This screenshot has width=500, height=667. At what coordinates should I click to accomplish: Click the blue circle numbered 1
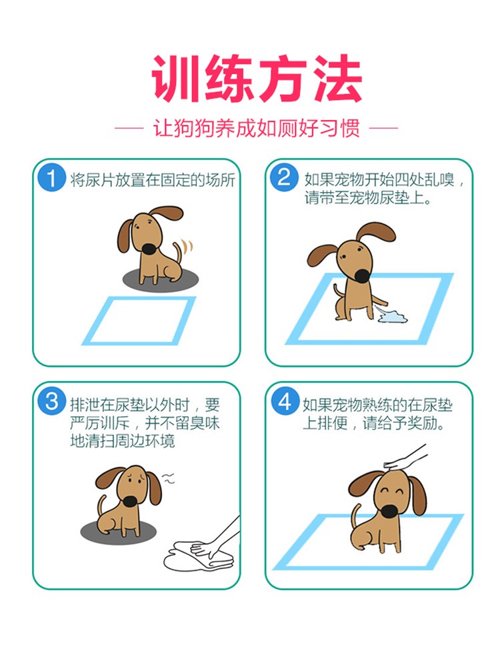tap(51, 178)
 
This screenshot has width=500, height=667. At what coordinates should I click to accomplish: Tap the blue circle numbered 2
tap(284, 177)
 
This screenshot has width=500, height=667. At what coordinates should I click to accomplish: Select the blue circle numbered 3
tap(51, 401)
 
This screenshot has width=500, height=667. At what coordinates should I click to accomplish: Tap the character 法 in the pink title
tap(337, 79)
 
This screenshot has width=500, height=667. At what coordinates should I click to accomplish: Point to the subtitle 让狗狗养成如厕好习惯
tap(257, 127)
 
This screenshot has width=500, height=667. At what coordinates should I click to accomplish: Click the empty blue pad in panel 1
tap(139, 321)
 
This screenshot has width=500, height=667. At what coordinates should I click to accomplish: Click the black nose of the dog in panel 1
tap(149, 249)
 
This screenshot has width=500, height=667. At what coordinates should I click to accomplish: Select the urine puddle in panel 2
tap(391, 316)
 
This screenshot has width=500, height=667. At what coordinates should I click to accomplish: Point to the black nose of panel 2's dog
tap(362, 276)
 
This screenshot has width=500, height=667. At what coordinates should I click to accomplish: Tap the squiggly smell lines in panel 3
tap(169, 478)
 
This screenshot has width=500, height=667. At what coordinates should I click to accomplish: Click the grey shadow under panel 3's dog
tap(118, 531)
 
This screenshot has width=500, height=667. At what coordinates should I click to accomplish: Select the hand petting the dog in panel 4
tap(404, 459)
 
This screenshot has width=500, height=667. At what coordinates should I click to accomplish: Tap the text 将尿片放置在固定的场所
tap(152, 180)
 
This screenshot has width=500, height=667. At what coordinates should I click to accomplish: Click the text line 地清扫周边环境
tap(123, 441)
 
